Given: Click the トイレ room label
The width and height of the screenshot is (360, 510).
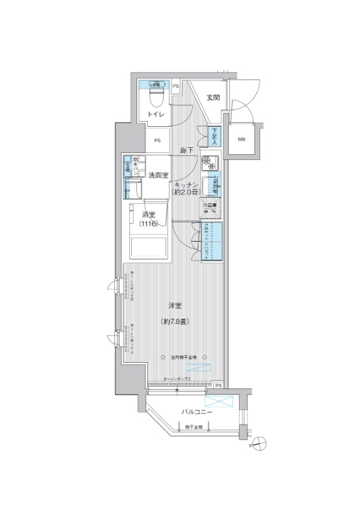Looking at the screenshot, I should [156, 114].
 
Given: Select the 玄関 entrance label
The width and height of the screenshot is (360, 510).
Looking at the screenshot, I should [213, 98].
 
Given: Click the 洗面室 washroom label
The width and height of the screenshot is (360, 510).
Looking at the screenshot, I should [158, 175].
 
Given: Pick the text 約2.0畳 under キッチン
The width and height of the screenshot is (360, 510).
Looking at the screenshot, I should [185, 192].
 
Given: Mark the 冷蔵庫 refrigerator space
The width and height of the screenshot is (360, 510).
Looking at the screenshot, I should [210, 208].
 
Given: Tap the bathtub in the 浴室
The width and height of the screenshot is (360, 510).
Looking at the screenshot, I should [150, 247].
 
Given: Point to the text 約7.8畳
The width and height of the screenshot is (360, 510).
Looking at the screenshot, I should [175, 322].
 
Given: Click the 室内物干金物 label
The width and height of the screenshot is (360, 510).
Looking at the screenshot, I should [184, 357].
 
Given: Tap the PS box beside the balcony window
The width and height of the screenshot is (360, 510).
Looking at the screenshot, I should [218, 386].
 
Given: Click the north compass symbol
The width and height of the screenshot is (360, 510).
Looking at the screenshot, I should [259, 442].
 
